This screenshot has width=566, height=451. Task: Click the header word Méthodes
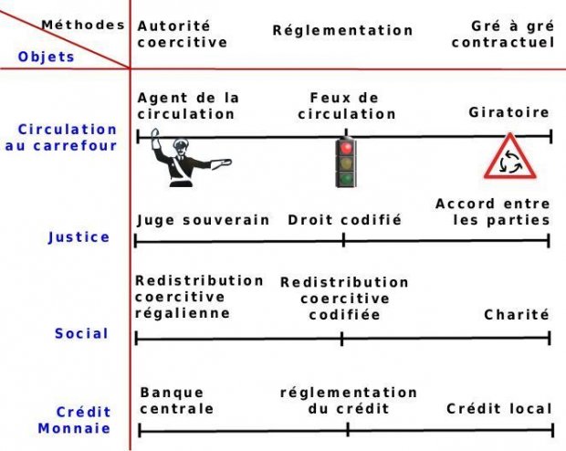pos(82,25)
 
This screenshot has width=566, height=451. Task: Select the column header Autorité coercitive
pos(183,35)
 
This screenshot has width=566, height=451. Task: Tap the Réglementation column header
pos(342,30)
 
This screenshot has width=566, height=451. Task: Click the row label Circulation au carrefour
pos(67,138)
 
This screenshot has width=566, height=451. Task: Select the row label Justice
pos(79,237)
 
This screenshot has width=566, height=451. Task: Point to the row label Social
pos(81,333)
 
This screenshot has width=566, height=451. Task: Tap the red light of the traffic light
pos(345,148)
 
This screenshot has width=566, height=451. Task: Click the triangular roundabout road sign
pos(506,159)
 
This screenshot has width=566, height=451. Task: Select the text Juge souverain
pos(203,220)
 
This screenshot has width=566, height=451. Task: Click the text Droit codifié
pos(344,220)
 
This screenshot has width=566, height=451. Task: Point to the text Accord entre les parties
pos(493,212)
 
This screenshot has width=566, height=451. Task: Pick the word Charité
pos(517,314)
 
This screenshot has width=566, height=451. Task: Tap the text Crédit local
pos(499,408)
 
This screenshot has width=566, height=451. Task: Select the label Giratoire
pos(509,113)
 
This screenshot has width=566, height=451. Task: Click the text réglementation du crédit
pos(349,401)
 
